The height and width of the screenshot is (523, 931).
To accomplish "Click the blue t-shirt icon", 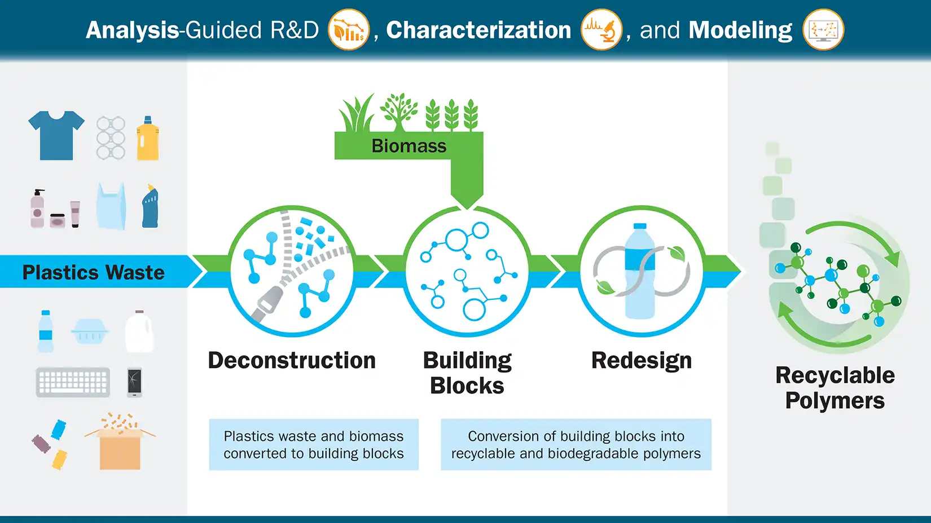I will click(x=56, y=135).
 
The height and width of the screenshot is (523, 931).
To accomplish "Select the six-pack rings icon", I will click(x=111, y=138).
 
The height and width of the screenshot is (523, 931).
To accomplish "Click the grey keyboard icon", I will click(x=73, y=383).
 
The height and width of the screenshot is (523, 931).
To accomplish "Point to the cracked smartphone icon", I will click(x=134, y=382).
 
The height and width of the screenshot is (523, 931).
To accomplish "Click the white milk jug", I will click(x=139, y=332).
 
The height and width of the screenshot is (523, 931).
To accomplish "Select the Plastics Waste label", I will click(x=94, y=272).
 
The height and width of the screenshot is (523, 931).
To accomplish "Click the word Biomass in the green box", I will click(x=409, y=146).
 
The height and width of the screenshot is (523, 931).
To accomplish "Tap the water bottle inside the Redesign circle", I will click(x=640, y=271).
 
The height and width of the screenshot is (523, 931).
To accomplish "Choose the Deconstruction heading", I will click(x=292, y=361).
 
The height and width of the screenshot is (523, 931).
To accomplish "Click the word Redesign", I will click(x=642, y=361).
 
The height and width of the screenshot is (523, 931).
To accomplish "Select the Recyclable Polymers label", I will click(x=835, y=388).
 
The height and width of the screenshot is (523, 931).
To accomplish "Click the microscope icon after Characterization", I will click(x=601, y=29).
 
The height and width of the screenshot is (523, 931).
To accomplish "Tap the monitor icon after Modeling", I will click(x=823, y=29).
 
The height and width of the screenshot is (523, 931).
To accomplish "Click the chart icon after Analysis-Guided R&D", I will click(x=349, y=29).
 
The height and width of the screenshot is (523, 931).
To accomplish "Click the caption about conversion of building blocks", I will click(x=576, y=445).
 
